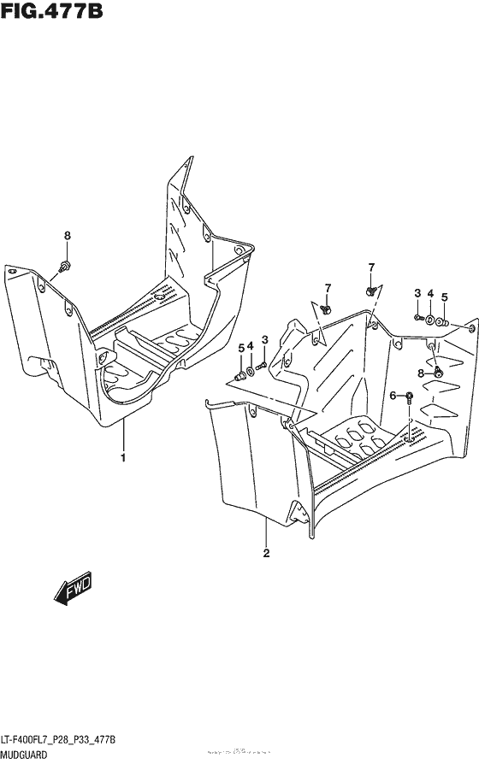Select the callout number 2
point(267,552)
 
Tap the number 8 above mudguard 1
point(68,236)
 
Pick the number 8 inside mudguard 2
point(421,373)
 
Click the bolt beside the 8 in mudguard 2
point(437,372)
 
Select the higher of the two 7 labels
point(371,267)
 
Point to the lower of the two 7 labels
point(328,285)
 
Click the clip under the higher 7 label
point(370,291)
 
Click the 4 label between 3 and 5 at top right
point(430,294)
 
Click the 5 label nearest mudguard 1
point(240,347)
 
